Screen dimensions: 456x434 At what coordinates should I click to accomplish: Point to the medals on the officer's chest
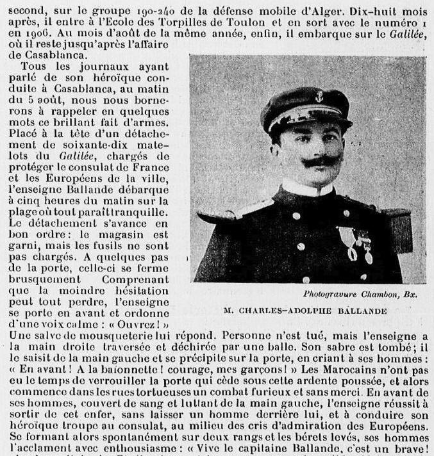tap(356, 243)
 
